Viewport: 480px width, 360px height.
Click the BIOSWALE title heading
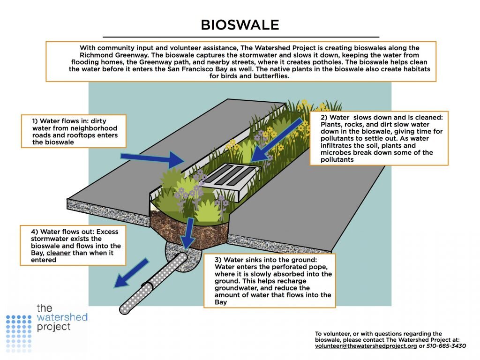(240, 25)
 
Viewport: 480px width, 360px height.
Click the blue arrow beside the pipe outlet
(132, 273)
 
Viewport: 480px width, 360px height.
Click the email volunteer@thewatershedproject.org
(366, 346)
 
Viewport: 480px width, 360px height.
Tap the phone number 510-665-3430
(446, 346)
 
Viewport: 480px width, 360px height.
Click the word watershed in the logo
(62, 317)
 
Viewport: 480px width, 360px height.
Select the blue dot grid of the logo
(19, 333)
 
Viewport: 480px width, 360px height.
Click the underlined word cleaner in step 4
(59, 253)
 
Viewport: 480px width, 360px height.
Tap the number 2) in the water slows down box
(324, 117)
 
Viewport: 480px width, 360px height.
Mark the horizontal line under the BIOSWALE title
(241, 37)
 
